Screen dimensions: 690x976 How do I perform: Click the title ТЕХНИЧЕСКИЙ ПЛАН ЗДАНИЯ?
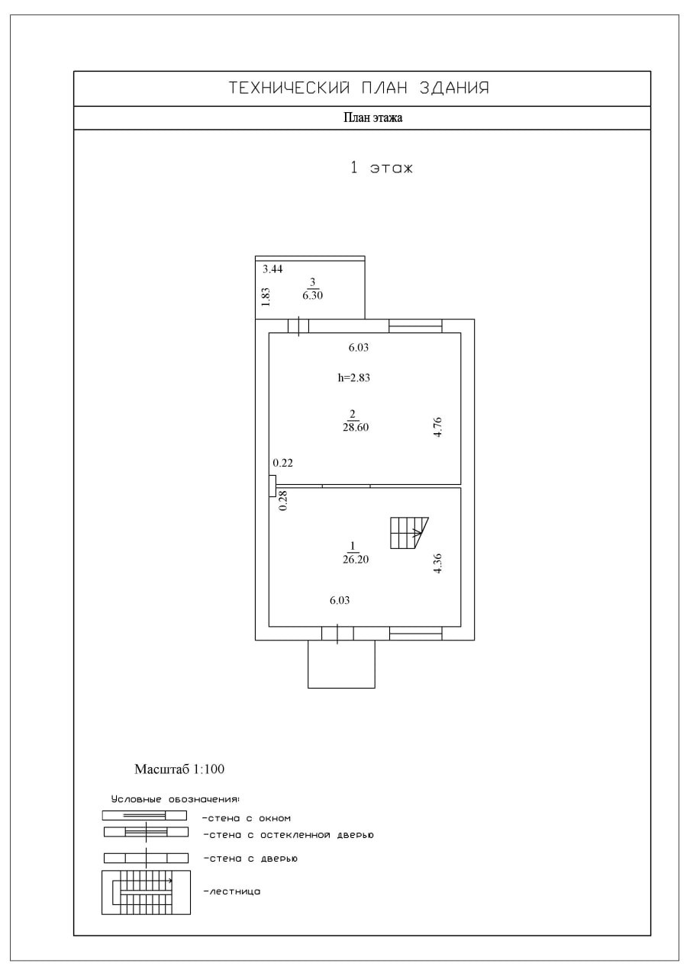[359, 88]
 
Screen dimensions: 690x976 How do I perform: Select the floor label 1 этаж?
[381, 168]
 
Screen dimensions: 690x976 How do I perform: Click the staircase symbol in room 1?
[408, 532]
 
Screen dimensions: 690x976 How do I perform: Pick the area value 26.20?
[356, 559]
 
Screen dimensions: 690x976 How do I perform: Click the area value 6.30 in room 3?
[313, 296]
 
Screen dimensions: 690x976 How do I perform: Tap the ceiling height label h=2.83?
[353, 377]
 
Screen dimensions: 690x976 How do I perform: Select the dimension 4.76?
[437, 427]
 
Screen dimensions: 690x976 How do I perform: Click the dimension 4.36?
[437, 563]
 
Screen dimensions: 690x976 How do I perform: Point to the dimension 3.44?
[272, 269]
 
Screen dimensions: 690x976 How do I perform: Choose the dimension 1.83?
[266, 297]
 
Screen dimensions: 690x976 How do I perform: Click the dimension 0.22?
[282, 463]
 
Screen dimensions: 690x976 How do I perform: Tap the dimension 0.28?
[283, 500]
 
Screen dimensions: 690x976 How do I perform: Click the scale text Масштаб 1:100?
[179, 769]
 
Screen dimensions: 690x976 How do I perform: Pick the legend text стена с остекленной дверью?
[289, 836]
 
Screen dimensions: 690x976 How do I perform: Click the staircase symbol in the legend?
[146, 892]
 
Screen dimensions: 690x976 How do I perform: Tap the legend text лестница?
[233, 891]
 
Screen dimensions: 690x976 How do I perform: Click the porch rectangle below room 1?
[341, 665]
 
